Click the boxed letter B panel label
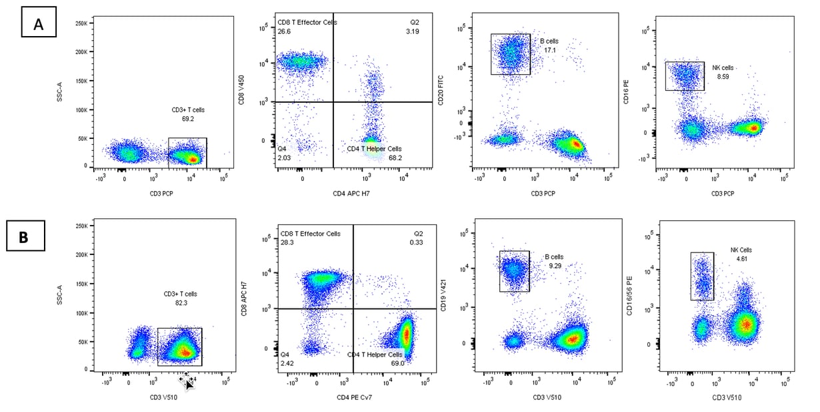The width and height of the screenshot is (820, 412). coord(25,236)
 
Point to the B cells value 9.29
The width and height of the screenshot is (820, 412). coord(553,266)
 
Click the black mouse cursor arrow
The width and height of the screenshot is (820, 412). coord(189,383)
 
